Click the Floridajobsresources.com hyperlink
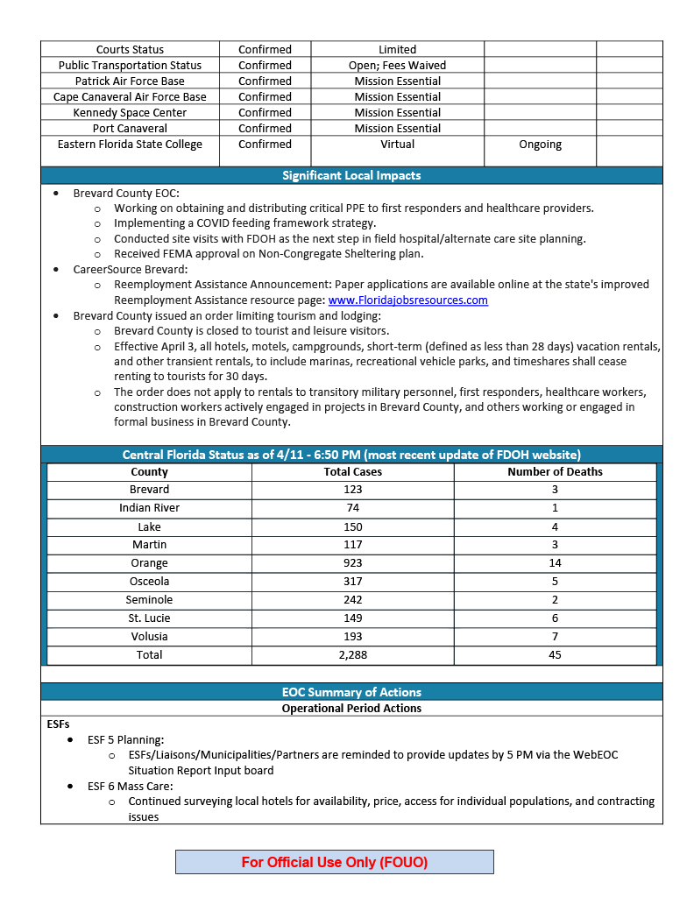point(407,300)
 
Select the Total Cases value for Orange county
point(352,563)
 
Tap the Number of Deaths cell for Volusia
point(555,637)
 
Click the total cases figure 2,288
point(352,655)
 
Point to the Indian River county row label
point(149,508)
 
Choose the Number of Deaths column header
point(555,471)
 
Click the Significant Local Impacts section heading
point(351,175)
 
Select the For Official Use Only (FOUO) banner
point(335,862)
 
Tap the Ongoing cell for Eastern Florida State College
point(540,145)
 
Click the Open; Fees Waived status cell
point(397,66)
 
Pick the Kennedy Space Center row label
point(130,113)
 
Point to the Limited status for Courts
point(397,50)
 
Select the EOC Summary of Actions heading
point(351,692)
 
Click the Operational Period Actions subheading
point(351,708)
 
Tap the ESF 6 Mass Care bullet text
point(130,786)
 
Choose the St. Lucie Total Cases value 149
point(352,618)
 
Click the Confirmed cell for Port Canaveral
point(265,129)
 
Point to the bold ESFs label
point(58,724)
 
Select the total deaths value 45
point(555,655)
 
